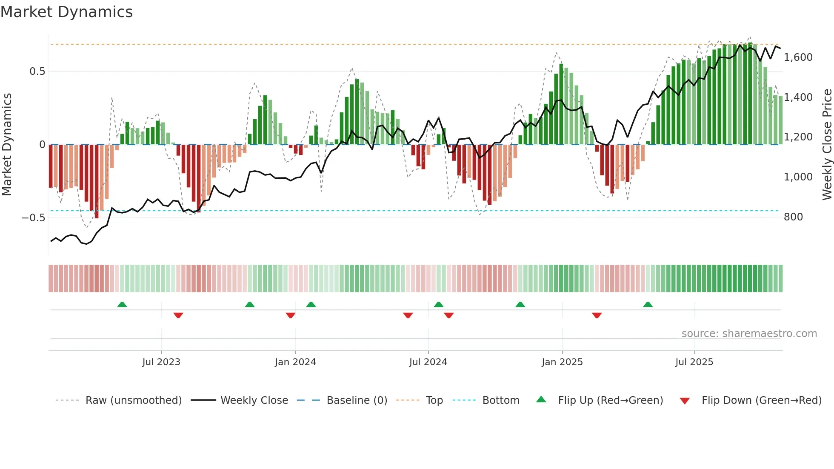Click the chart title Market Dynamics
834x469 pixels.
pyautogui.click(x=66, y=12)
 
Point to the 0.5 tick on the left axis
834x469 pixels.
pyautogui.click(x=37, y=71)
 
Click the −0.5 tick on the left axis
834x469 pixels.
pyautogui.click(x=33, y=218)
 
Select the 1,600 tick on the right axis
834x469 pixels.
pyautogui.click(x=798, y=57)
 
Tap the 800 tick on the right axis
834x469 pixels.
pyautogui.click(x=793, y=217)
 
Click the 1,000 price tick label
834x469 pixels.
pyautogui.click(x=798, y=177)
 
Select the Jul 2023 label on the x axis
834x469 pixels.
pyautogui.click(x=161, y=362)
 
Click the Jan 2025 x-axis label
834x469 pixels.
pyautogui.click(x=562, y=362)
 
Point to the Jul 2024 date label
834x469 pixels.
pyautogui.click(x=428, y=362)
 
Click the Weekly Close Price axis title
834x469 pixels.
pyautogui.click(x=827, y=145)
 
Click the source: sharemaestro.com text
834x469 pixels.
pyautogui.click(x=749, y=334)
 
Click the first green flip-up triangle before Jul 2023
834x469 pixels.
pyautogui.click(x=122, y=304)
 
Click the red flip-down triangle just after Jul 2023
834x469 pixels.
pyautogui.click(x=178, y=315)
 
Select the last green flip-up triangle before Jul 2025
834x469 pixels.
pyautogui.click(x=648, y=304)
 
